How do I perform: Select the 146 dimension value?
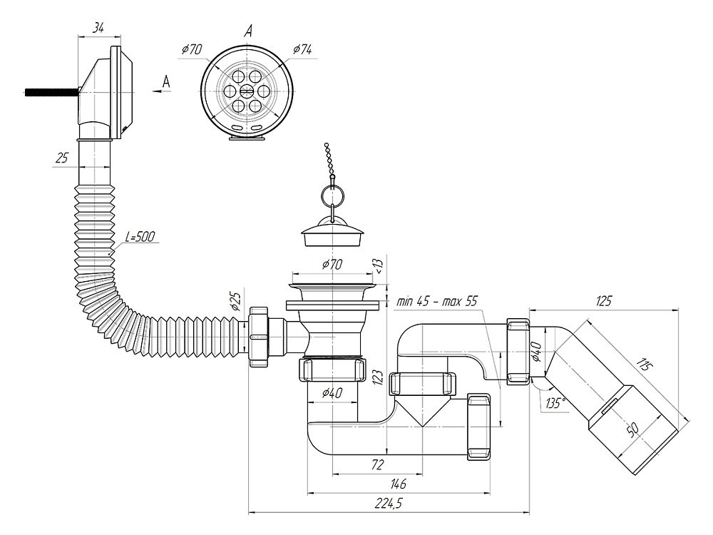point(399,483)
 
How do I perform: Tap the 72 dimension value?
point(378,464)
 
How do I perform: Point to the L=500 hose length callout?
point(140,236)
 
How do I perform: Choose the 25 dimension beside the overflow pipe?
point(62,158)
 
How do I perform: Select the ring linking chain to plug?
point(332,193)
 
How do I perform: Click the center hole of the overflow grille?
point(246,91)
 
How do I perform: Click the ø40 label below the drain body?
point(332,391)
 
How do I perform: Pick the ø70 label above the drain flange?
point(332,264)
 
